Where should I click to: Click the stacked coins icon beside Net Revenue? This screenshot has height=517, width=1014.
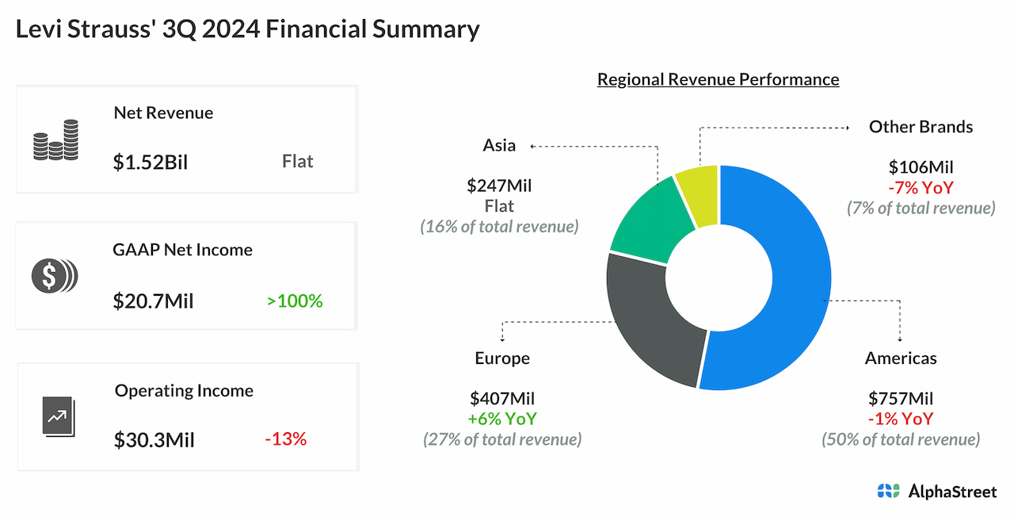coord(55,140)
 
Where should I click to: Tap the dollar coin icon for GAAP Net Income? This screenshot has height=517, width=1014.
coord(55,275)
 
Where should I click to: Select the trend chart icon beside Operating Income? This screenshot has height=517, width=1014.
coord(57,416)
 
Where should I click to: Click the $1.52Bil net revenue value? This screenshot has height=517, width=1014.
coord(151,162)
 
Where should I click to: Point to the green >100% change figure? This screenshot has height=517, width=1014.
coord(295,301)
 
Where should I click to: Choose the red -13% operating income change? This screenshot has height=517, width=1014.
coord(285,438)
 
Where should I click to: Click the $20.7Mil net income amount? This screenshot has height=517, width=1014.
coord(153,301)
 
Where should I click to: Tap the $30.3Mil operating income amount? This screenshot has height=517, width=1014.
coord(154,439)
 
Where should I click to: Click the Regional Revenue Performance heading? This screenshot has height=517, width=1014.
coord(718,79)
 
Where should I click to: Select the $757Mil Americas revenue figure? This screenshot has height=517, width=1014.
coord(901,398)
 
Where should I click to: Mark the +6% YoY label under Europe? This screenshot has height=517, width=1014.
coord(501,419)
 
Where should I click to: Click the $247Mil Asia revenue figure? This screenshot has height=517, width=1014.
coord(499,186)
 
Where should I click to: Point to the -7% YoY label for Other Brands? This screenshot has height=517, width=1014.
coord(920,188)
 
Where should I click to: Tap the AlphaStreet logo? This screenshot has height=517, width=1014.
coord(936,492)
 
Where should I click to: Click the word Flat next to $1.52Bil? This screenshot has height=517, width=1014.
coord(297,162)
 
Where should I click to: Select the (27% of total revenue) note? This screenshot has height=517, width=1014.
coord(501,439)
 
